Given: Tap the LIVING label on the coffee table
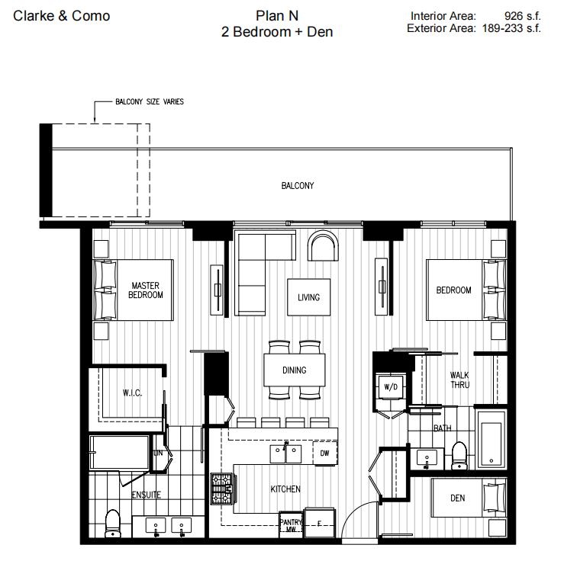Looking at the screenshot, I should (308, 297).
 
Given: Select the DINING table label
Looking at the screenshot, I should (294, 370).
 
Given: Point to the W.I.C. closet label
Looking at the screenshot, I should (133, 393).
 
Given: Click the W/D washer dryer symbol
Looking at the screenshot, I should (391, 387).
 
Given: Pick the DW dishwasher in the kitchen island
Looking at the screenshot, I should (324, 453).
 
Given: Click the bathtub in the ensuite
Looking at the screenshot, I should (121, 452).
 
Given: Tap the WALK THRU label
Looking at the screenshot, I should (459, 380).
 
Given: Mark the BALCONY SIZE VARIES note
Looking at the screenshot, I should (149, 101).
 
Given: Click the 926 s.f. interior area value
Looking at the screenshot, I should (523, 15).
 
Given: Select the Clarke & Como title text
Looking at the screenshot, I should (62, 16).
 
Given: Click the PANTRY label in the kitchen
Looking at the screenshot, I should (291, 522).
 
